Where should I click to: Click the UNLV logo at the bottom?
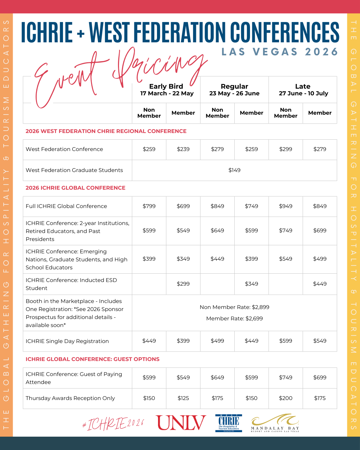tap(181, 423)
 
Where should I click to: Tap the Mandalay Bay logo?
tap(275, 423)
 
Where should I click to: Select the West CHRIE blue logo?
tap(229, 423)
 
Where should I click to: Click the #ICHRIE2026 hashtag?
tap(113, 424)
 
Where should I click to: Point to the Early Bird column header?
tap(166, 90)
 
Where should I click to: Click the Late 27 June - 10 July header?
tap(303, 90)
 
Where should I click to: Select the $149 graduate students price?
tap(234, 170)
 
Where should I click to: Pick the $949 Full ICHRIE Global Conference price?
tap(286, 206)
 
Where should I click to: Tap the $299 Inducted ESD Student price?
tap(183, 284)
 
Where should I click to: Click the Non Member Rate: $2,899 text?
tap(234, 307)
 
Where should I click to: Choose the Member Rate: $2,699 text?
tap(234, 319)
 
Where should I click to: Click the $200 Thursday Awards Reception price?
tap(286, 398)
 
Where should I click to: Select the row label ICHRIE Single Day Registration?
tap(67, 341)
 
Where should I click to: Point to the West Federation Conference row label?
tap(64, 149)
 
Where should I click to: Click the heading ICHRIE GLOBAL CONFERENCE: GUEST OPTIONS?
tap(92, 359)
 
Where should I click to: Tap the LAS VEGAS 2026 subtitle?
tap(280, 52)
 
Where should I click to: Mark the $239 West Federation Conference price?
tap(183, 149)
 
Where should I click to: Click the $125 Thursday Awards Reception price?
tap(183, 398)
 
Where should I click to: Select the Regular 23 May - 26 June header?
tap(234, 90)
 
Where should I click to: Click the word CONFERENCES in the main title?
tap(285, 32)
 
